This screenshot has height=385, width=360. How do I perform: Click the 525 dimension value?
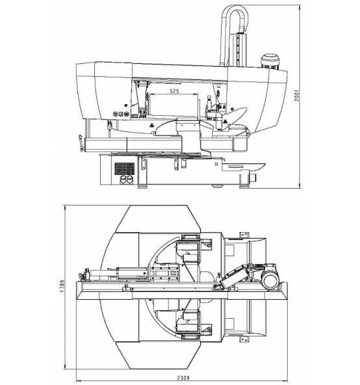175,91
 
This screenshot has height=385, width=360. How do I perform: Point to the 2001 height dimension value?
297,96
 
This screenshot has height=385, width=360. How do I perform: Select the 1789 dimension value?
62,285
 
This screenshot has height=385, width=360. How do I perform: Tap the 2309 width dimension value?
183,378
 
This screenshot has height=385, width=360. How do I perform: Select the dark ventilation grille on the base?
125,168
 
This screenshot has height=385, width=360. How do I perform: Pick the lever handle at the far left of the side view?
81,143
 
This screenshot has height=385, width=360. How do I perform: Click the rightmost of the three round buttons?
126,114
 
